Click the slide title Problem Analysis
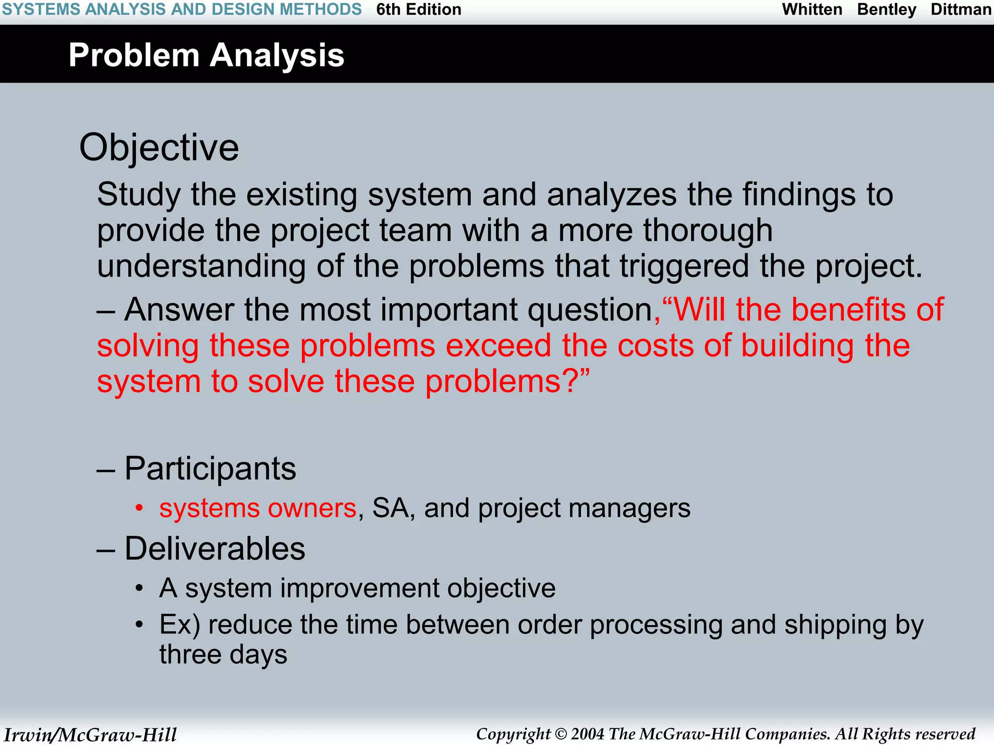(206, 55)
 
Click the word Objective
(159, 147)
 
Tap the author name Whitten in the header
(812, 10)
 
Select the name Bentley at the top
(887, 10)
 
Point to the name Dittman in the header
(961, 10)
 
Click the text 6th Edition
(418, 10)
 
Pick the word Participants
(210, 469)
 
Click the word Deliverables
(215, 549)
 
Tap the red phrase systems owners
(258, 508)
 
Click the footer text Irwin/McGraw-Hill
(90, 735)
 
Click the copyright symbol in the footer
(561, 734)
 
